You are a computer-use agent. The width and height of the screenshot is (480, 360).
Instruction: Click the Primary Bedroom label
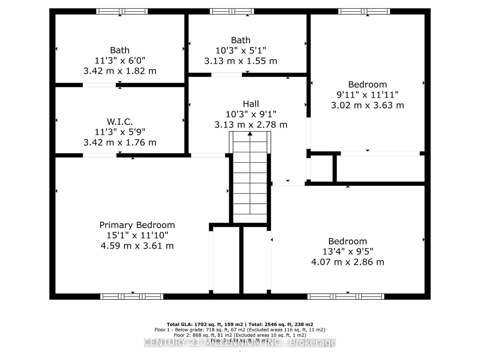137,225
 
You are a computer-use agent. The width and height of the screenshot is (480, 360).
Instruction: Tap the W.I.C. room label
120,122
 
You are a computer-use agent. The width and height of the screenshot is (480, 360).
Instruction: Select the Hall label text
251,104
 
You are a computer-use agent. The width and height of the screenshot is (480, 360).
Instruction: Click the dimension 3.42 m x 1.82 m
120,71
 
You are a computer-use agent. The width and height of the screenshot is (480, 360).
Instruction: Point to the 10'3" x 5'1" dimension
241,50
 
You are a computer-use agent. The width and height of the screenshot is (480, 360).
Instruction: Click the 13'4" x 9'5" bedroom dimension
347,251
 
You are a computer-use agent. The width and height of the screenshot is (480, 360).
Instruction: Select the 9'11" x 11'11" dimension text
367,95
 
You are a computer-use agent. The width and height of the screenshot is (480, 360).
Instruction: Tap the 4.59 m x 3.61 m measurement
137,246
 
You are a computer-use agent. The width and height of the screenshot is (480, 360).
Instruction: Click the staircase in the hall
250,180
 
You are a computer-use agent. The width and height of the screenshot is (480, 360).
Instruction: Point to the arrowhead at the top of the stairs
250,134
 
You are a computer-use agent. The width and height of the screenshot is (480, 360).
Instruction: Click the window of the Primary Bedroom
132,296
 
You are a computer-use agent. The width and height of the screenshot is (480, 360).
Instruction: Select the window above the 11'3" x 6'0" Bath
122,11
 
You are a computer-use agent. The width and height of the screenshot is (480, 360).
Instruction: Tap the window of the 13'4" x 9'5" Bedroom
346,296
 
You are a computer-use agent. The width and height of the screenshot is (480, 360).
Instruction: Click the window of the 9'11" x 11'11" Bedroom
364,11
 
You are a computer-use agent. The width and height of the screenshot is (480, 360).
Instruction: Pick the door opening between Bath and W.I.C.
99,85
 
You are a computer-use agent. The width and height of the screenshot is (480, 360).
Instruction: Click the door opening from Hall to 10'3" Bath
226,75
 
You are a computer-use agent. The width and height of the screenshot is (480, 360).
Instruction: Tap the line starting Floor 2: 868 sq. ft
240,335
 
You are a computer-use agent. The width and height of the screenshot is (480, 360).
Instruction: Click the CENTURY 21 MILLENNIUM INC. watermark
240,343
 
